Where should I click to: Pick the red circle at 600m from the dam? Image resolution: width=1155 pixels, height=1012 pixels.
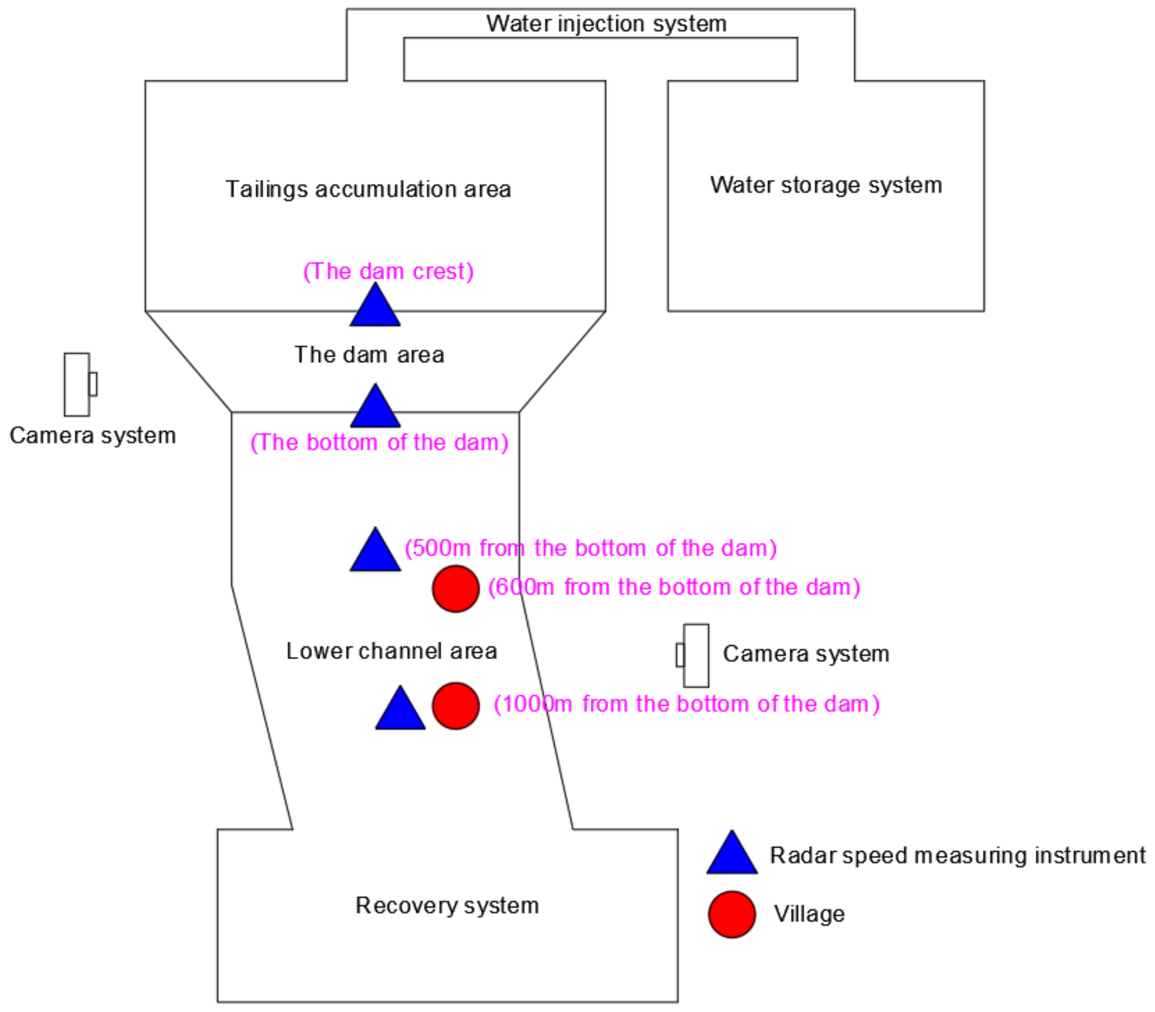click(456, 589)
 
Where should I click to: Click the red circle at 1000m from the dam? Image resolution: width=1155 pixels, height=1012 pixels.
click(456, 706)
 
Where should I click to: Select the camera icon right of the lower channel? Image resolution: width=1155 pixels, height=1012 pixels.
click(694, 656)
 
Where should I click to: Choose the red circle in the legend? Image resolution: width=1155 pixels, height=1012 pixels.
click(731, 915)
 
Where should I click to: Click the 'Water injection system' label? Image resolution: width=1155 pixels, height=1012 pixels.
click(606, 24)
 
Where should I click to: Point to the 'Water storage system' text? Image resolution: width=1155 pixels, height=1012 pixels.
click(826, 185)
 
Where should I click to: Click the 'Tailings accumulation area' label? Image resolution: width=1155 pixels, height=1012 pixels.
click(368, 190)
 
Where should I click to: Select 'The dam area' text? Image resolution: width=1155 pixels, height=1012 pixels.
click(369, 355)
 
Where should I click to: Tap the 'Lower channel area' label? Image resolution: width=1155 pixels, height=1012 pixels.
click(391, 652)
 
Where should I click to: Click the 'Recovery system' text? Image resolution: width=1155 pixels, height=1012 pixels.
click(447, 906)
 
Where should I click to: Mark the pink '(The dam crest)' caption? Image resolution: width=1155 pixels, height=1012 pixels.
click(388, 271)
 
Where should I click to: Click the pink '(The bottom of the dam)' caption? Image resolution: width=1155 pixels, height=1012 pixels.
click(379, 442)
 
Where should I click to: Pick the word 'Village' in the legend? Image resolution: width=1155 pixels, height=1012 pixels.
click(808, 914)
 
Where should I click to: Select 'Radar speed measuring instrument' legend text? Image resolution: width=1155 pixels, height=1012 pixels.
click(957, 856)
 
